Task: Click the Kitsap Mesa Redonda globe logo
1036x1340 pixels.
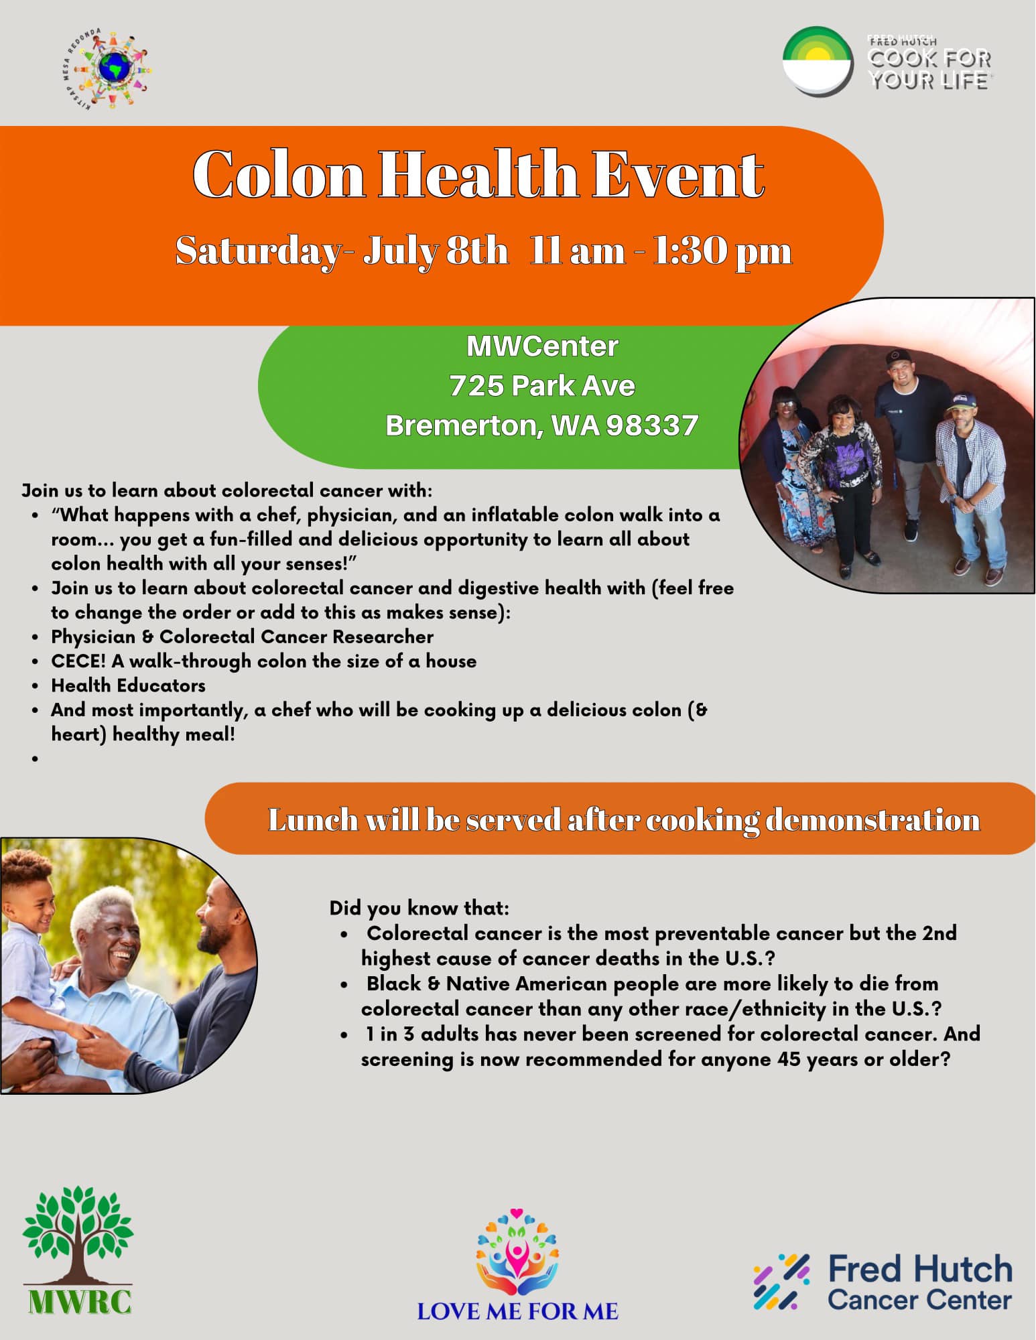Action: point(107,70)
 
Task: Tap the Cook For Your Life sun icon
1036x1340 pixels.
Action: point(818,62)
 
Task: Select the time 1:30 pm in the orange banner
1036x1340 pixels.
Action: point(722,252)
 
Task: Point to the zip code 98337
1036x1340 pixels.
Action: point(652,425)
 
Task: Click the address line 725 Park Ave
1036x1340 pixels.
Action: point(542,385)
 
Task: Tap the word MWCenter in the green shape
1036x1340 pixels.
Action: point(542,346)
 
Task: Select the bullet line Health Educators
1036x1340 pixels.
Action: point(128,685)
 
